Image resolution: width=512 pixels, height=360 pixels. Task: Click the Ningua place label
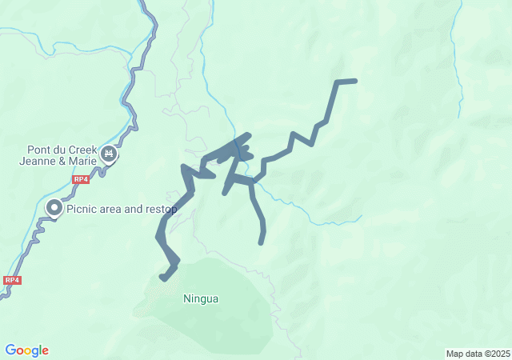pos(201,299)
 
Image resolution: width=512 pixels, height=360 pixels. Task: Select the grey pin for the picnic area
pos(54,209)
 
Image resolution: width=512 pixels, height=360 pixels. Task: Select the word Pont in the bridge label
pos(40,149)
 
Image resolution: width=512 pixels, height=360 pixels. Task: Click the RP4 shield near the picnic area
pos(80,180)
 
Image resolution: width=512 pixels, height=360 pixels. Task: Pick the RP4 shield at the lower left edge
pos(12,280)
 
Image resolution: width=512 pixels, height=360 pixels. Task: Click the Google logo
pos(26,350)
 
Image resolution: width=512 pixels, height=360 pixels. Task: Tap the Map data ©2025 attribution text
pos(478,354)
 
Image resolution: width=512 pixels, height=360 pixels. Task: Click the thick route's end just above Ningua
pos(163,278)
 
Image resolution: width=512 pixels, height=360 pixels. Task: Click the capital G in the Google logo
pos(10,350)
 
